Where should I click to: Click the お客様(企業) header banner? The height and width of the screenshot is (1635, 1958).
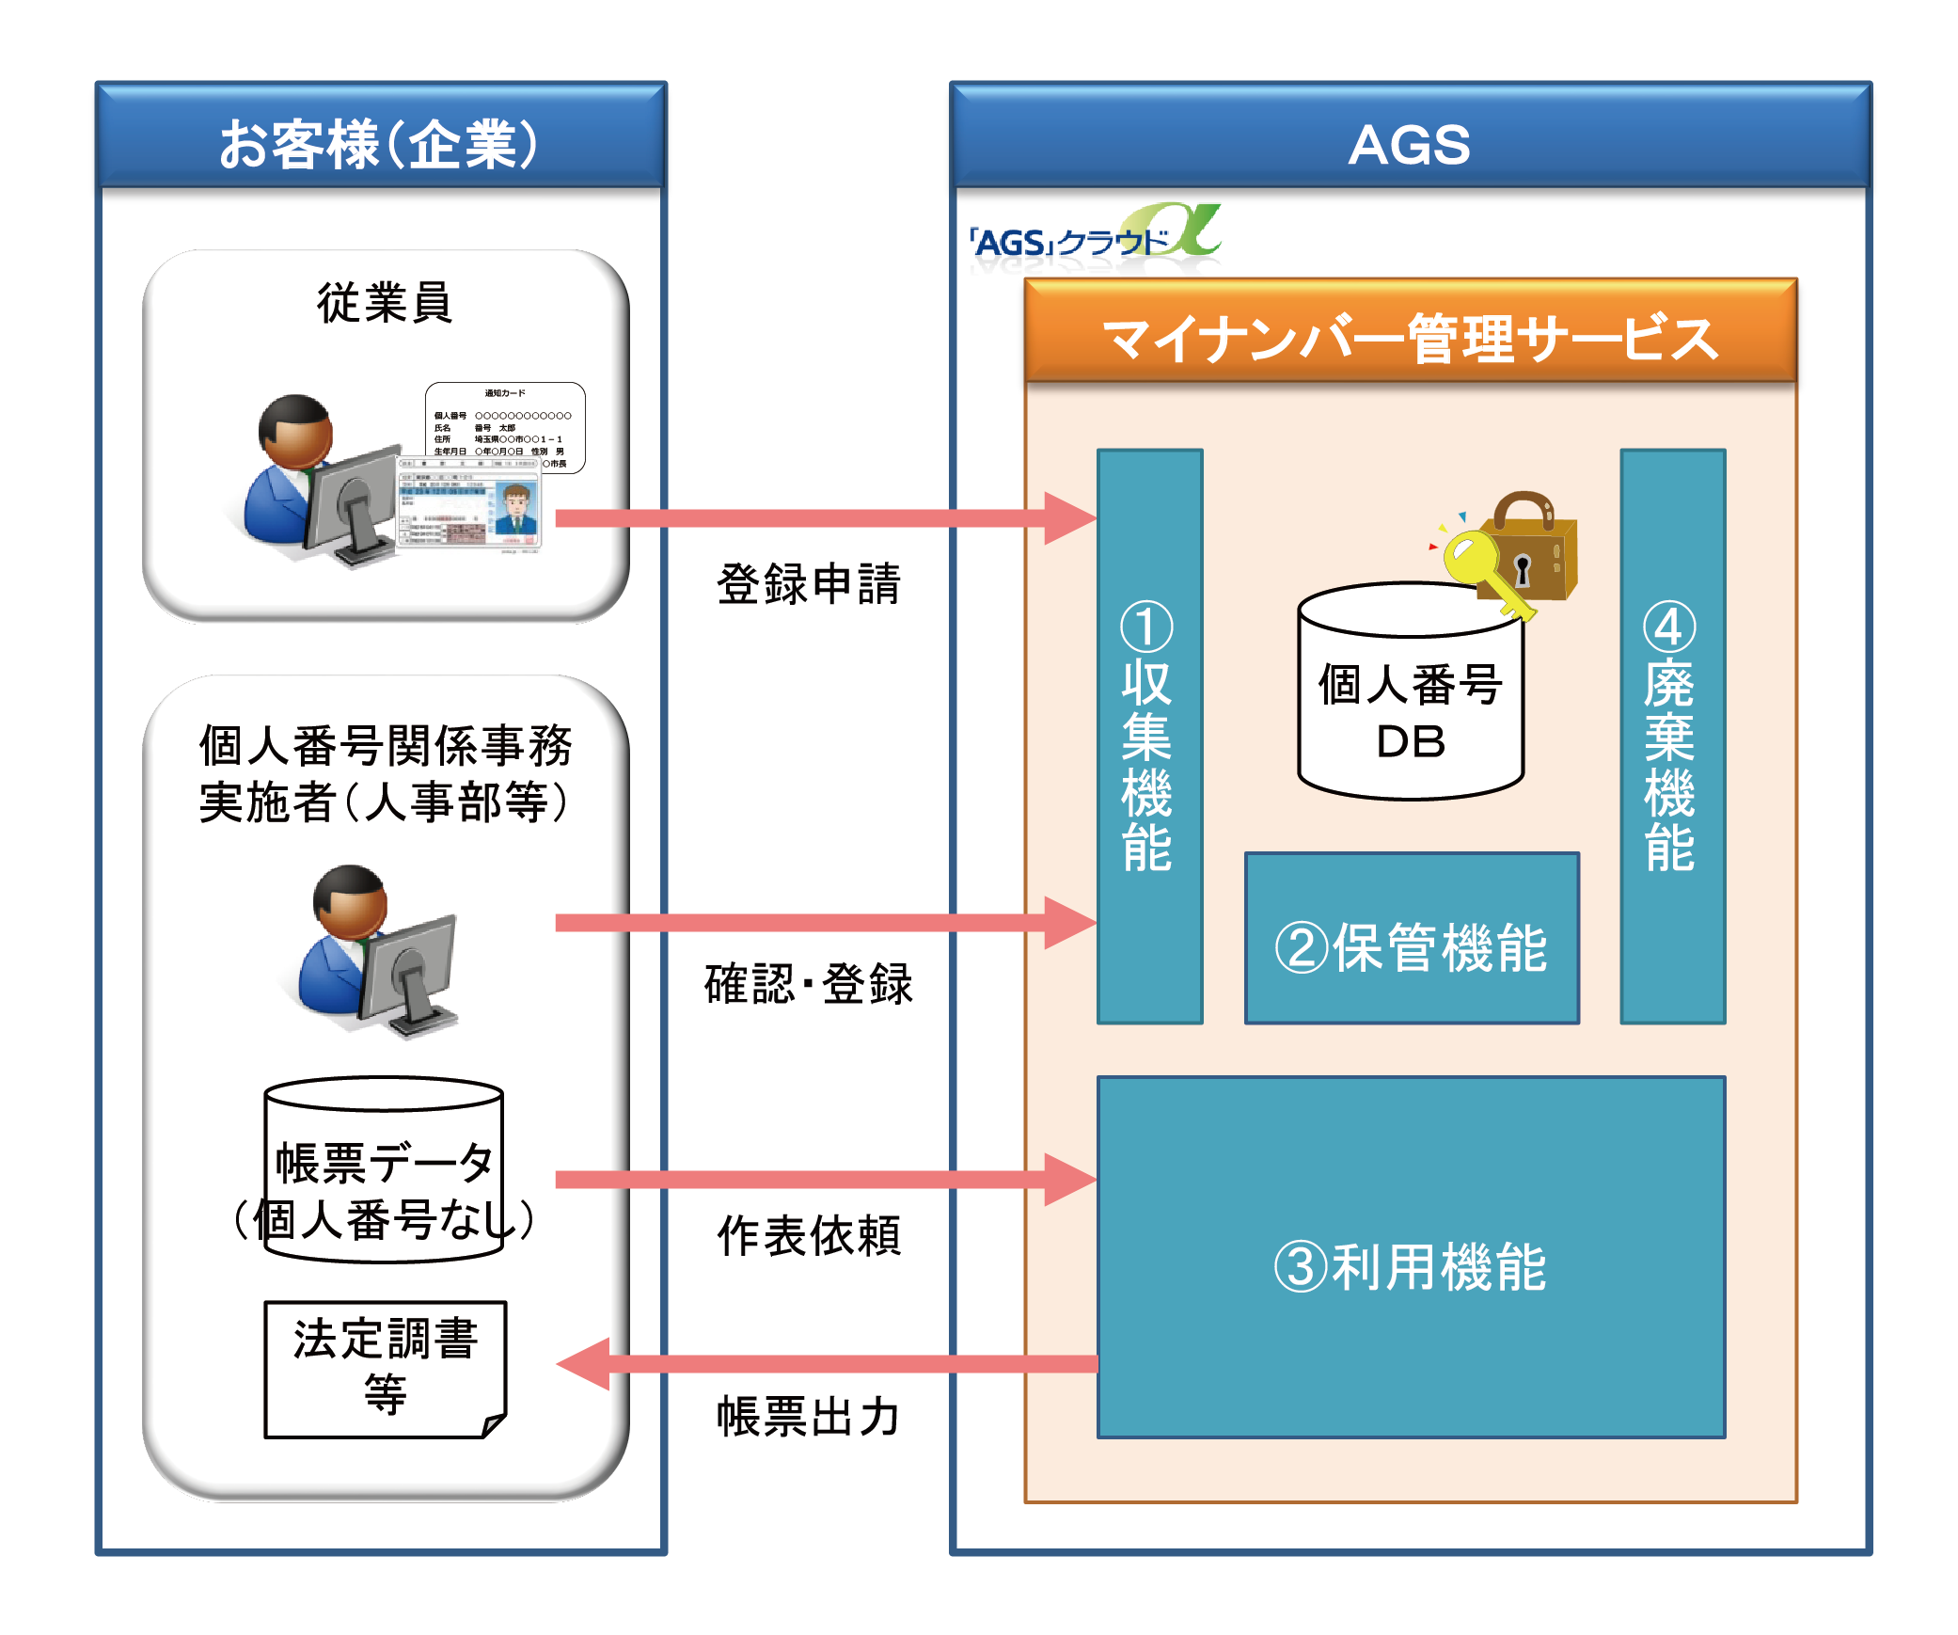coord(380,144)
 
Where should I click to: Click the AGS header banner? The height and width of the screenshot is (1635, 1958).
coord(1409,144)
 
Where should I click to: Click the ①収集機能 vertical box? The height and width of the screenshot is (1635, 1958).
coord(1148,736)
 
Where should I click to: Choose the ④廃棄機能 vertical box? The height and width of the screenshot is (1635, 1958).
coord(1671,736)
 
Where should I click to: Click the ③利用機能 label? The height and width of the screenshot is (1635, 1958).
coord(1410,1266)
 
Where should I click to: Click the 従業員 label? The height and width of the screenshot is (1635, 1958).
coord(385,303)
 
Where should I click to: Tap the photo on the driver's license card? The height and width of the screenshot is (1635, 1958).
coord(515,509)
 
